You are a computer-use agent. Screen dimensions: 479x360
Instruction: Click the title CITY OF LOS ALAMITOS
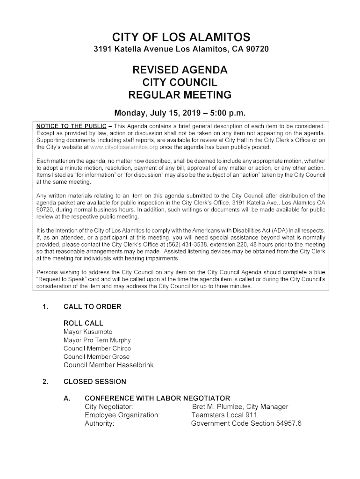[181, 37]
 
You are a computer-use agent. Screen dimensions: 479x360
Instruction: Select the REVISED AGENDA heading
[180, 71]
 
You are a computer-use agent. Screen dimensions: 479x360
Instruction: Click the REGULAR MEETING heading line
[180, 95]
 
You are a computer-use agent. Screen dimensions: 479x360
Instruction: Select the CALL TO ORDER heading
[92, 307]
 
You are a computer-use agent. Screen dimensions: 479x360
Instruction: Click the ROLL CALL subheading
[83, 323]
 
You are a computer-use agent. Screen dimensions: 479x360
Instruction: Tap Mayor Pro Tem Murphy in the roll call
[97, 340]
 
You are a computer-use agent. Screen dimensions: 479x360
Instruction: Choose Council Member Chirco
[97, 348]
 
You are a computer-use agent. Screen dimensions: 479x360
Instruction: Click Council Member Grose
[96, 357]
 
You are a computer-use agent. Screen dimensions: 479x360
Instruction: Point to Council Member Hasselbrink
[108, 365]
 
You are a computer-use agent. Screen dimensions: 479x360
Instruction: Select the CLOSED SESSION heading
[94, 382]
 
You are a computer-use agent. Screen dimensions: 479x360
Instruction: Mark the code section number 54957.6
[287, 423]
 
